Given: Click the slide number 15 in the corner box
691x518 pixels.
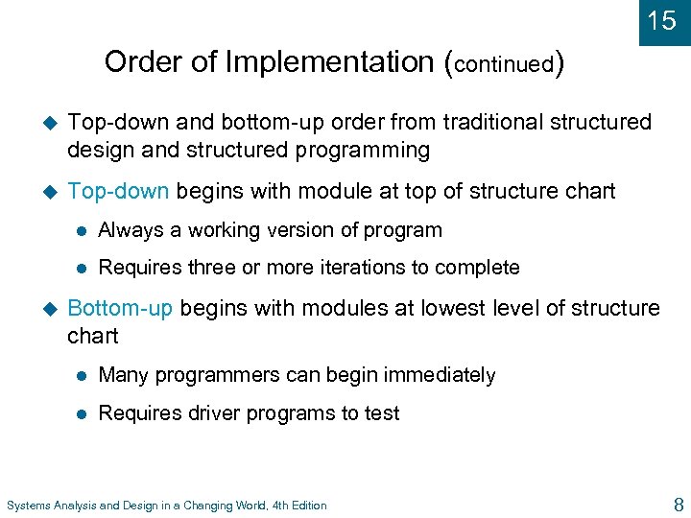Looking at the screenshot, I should pos(662,20).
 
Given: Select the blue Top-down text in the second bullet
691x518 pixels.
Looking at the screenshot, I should pos(119,191).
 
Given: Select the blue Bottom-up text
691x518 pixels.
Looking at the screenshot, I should pos(121,308).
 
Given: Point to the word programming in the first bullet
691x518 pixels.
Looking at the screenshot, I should pos(370,151).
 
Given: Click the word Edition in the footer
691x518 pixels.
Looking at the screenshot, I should pos(306,506).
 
